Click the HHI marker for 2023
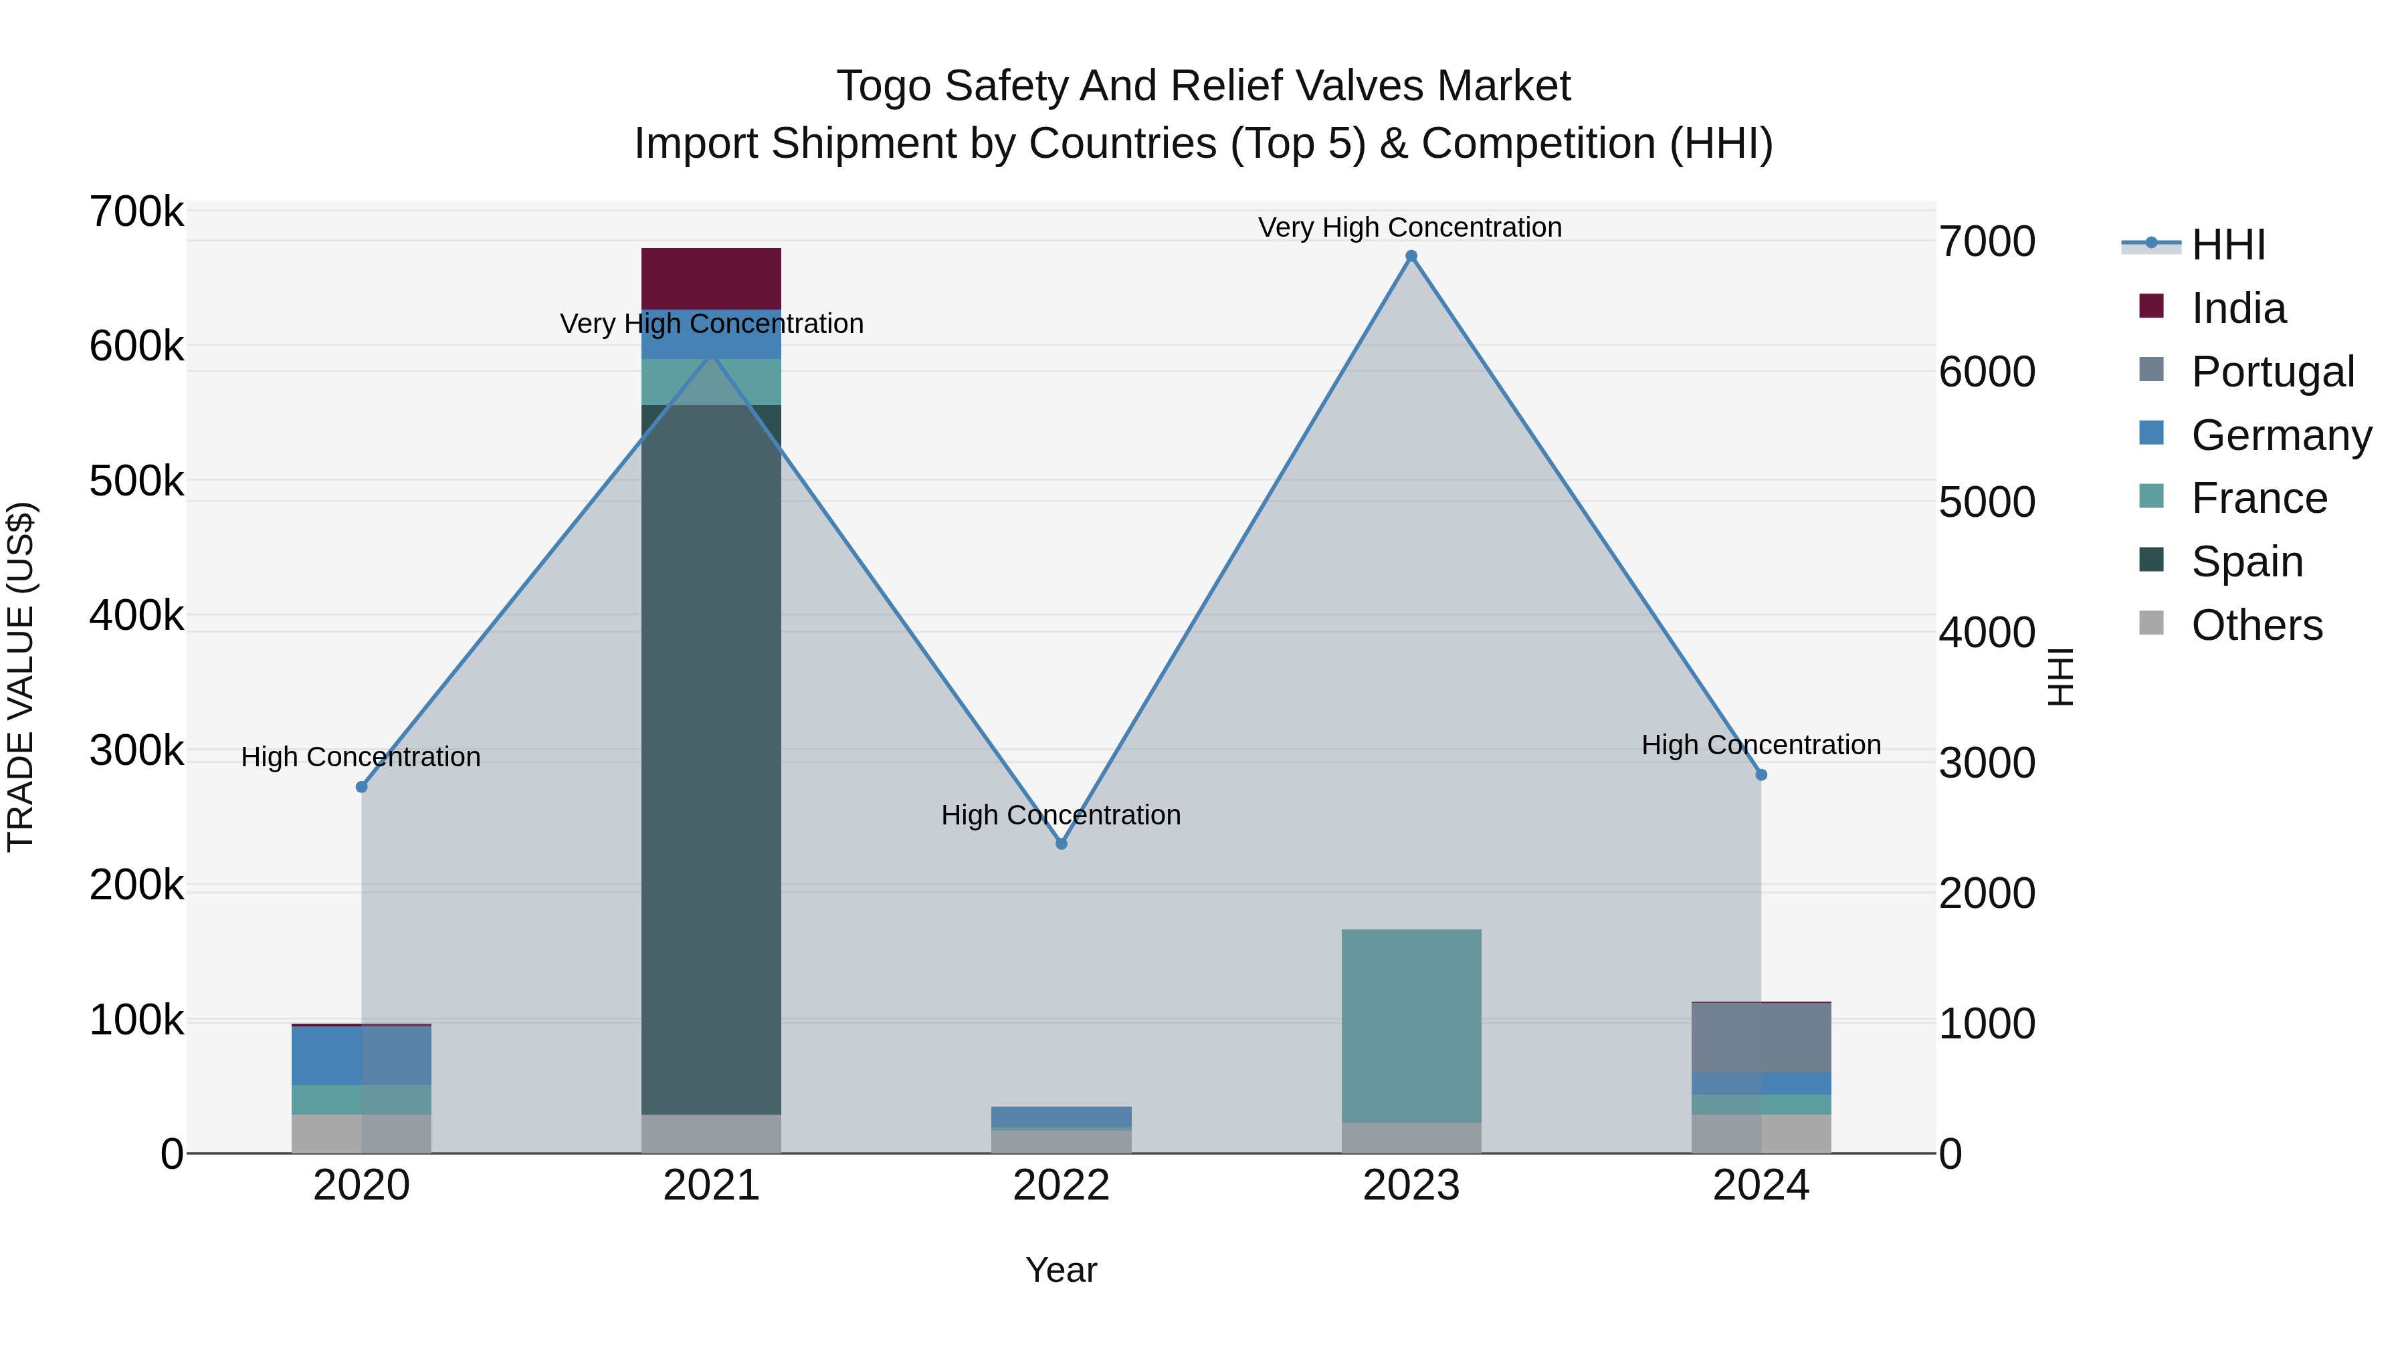[x=1411, y=256]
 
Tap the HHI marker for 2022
[x=1061, y=844]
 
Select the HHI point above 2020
[x=362, y=787]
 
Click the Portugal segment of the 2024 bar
[x=1761, y=1037]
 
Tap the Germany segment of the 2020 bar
[x=362, y=1055]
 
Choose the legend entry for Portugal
[x=2272, y=372]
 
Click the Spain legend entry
[x=2246, y=562]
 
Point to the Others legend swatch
[x=2151, y=623]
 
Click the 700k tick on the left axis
[x=136, y=212]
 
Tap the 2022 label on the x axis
[x=1061, y=1186]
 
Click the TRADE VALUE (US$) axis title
[x=21, y=677]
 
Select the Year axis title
[x=1061, y=1270]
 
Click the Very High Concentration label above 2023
[x=1409, y=227]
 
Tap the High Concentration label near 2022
[x=1061, y=815]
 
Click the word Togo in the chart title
[x=884, y=86]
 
